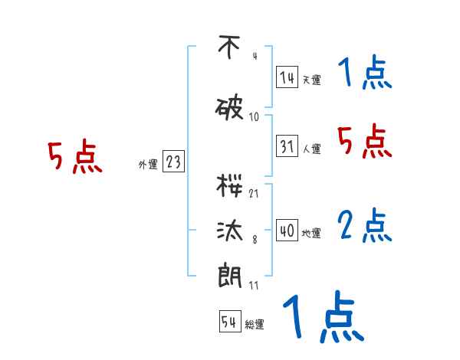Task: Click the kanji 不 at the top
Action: (x=228, y=48)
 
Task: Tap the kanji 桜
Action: (x=229, y=185)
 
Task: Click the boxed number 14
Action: (x=287, y=77)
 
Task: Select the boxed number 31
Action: (x=287, y=146)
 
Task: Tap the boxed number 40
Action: (x=287, y=231)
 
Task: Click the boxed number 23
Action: (x=173, y=162)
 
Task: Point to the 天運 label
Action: (x=311, y=80)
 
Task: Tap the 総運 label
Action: (x=254, y=325)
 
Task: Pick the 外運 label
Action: (x=148, y=164)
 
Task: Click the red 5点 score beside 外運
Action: (x=74, y=158)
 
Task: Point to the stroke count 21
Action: (x=254, y=194)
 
